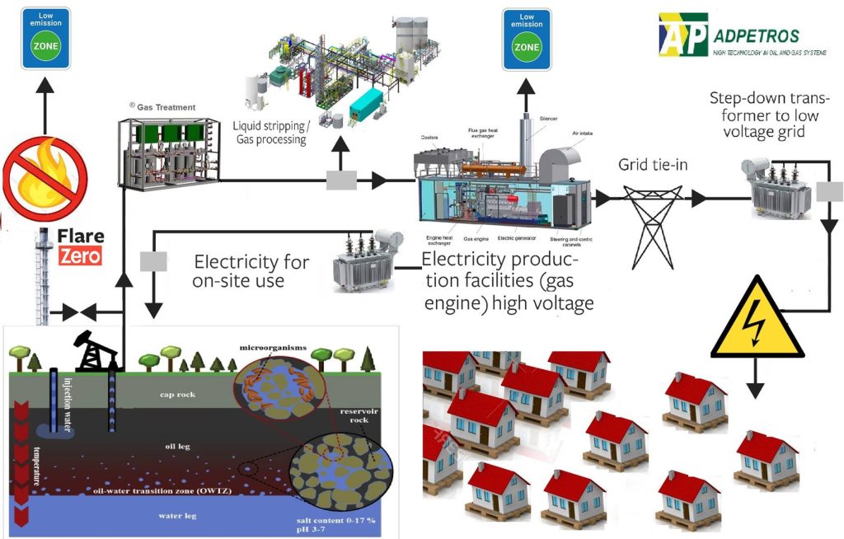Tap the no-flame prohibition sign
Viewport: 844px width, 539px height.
click(45, 177)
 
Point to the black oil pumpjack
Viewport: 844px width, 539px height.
click(96, 349)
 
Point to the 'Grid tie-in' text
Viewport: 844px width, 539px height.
click(653, 165)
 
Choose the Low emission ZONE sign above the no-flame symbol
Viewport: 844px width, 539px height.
click(45, 34)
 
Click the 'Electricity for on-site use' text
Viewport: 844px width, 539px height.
click(251, 271)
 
